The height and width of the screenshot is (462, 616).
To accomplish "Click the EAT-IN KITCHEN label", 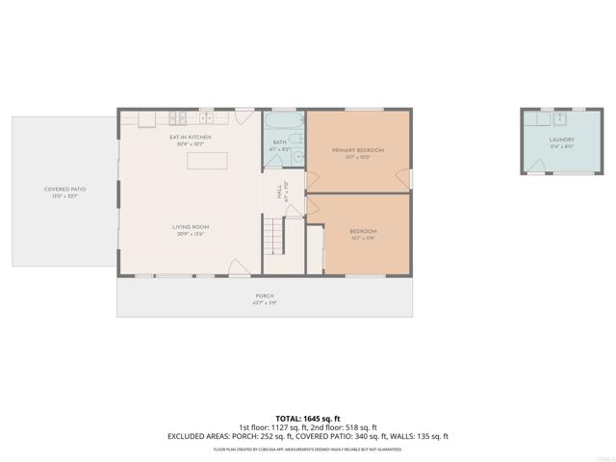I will pos(190,138).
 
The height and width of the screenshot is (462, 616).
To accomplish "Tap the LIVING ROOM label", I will pos(192,227).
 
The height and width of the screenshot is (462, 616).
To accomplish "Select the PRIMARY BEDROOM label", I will pos(358,150).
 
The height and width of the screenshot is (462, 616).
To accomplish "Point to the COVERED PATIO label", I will pos(64,190).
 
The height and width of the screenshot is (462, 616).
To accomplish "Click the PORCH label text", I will pos(265,295).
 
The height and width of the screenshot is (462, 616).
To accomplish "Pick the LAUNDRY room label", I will pos(561,140).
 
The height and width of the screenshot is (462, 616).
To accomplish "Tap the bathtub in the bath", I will pos(284,120).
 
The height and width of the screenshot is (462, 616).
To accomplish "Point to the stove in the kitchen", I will pos(179,118).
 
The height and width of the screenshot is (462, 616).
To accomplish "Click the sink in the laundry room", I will pos(560,118).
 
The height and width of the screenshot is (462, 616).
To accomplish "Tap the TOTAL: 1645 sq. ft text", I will pos(307,418).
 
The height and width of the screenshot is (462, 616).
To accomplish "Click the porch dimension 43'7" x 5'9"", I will pos(265,303).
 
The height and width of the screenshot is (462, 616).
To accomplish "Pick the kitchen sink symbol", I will pos(207,117).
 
